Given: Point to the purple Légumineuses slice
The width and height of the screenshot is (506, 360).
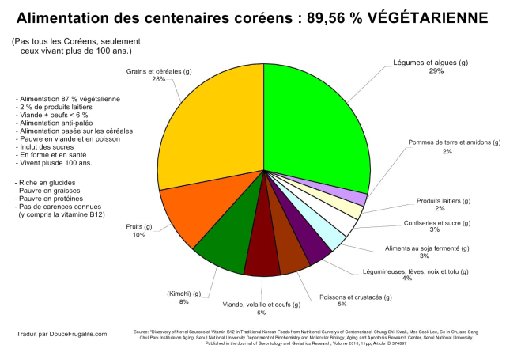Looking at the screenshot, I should tap(314, 246).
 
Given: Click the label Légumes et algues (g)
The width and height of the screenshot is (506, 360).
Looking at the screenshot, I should tap(430, 63).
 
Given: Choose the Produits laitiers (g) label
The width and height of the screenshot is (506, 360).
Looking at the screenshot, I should tap(440, 200).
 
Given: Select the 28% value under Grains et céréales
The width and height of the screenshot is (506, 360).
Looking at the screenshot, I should tap(158, 79).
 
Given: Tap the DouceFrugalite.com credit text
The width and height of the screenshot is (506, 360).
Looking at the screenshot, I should tap(62, 334).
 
